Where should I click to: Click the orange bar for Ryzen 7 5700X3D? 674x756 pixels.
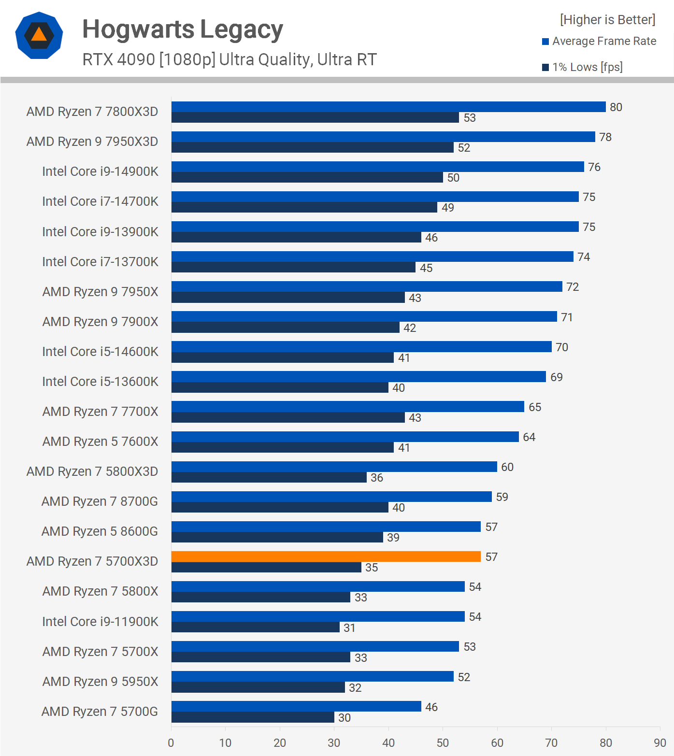pyautogui.click(x=326, y=556)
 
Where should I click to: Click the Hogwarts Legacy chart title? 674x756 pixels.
pyautogui.click(x=183, y=29)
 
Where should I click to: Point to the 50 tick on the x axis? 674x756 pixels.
pyautogui.click(x=443, y=743)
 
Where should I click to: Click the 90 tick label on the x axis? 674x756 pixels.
pyautogui.click(x=660, y=743)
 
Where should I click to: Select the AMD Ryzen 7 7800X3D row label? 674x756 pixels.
pyautogui.click(x=92, y=112)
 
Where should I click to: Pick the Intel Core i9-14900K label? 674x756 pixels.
pyautogui.click(x=100, y=171)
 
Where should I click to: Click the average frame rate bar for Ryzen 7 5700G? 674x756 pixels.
pyautogui.click(x=296, y=706)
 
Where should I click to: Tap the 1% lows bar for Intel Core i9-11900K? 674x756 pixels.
pyautogui.click(x=256, y=627)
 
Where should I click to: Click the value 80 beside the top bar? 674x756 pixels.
pyautogui.click(x=616, y=107)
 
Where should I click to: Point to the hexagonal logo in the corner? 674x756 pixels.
pyautogui.click(x=39, y=35)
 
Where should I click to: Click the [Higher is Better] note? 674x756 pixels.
pyautogui.click(x=607, y=20)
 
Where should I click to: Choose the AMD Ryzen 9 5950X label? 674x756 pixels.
pyautogui.click(x=100, y=682)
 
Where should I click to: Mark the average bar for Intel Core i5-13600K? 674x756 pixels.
pyautogui.click(x=359, y=376)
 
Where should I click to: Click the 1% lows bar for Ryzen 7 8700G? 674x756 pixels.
pyautogui.click(x=280, y=507)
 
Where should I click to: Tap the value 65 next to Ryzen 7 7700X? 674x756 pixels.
pyautogui.click(x=535, y=407)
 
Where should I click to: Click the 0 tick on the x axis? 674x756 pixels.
pyautogui.click(x=171, y=743)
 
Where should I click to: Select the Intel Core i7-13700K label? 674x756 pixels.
pyautogui.click(x=100, y=262)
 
